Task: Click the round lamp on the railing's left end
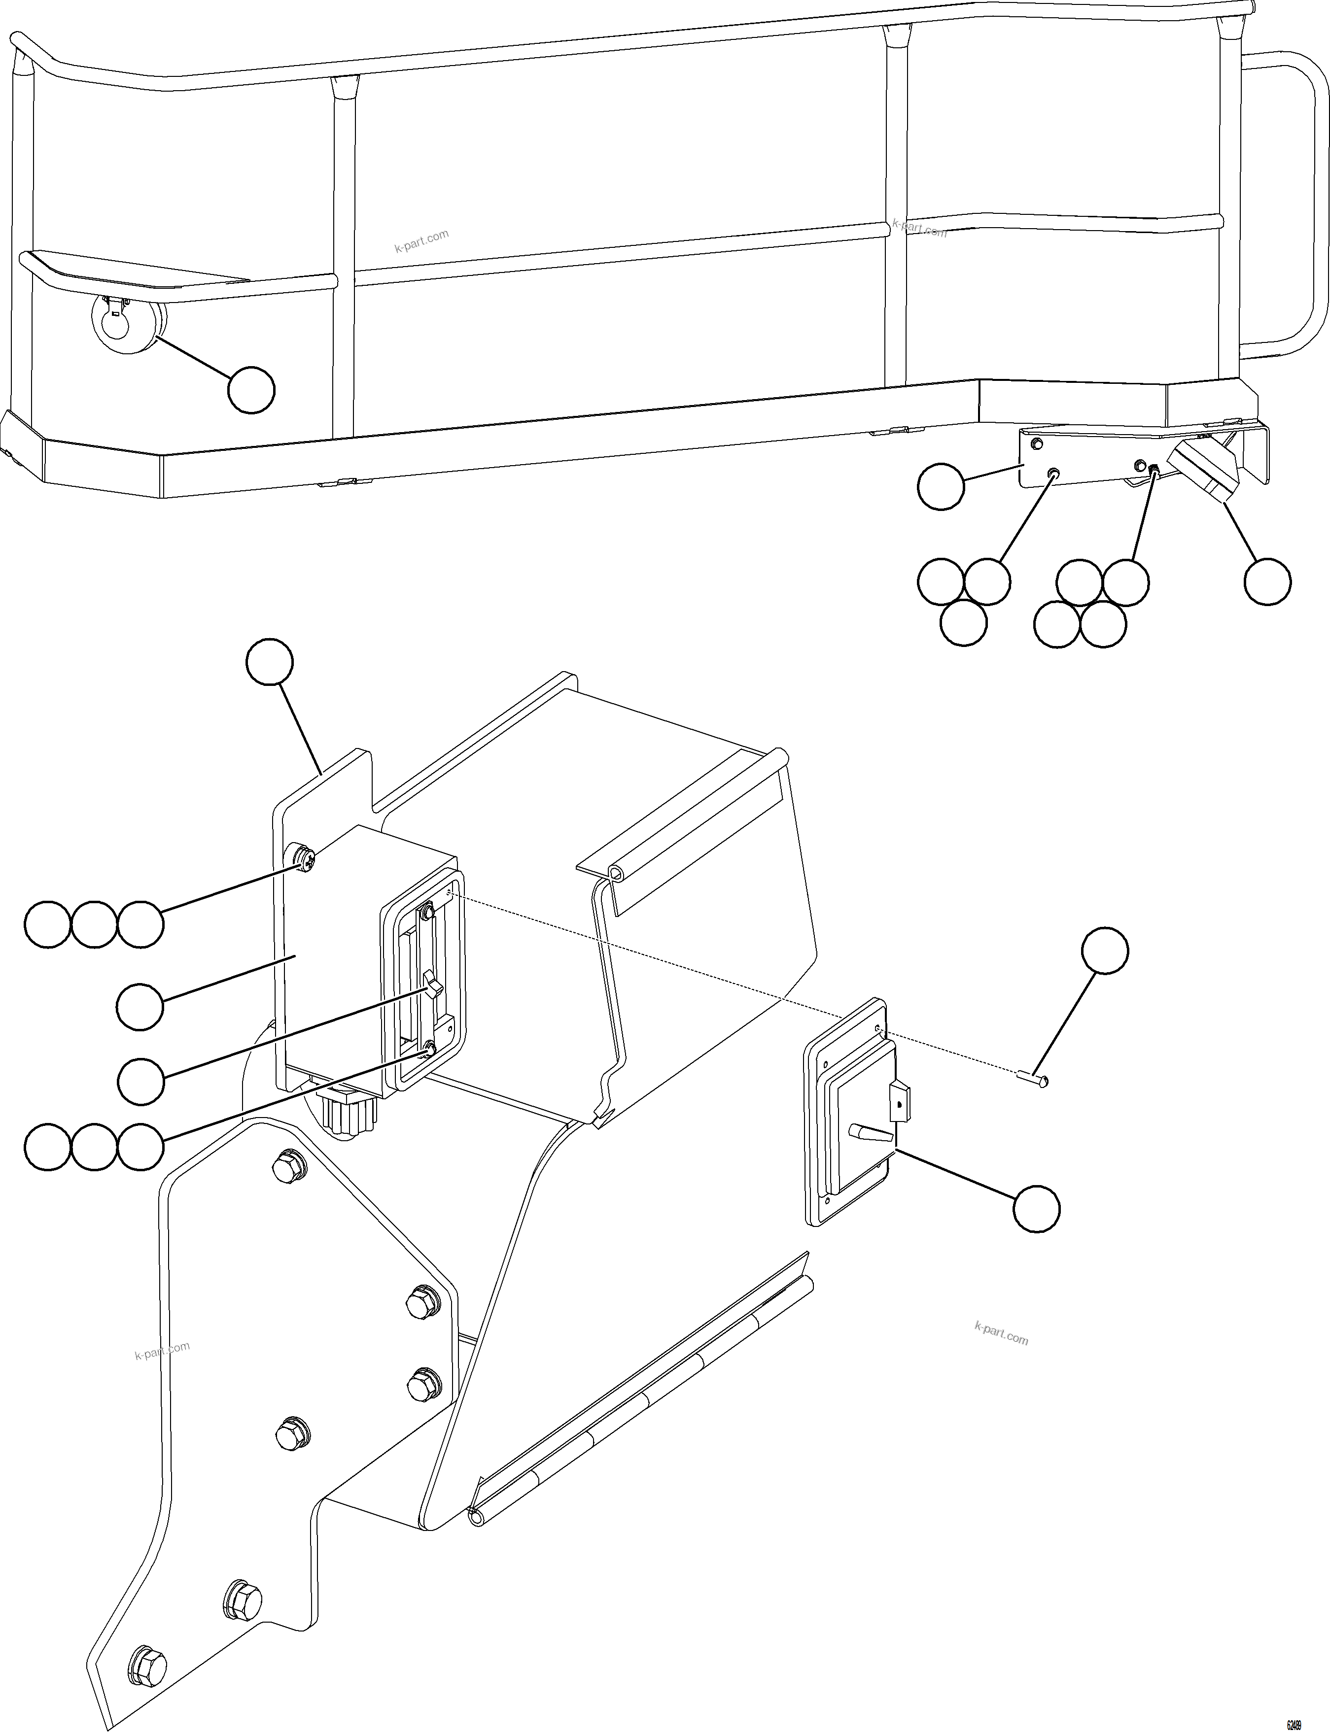click(x=127, y=324)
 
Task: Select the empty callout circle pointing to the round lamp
click(x=251, y=389)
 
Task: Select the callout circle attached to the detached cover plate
click(x=1036, y=1208)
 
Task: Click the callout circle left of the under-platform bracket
click(x=941, y=487)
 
